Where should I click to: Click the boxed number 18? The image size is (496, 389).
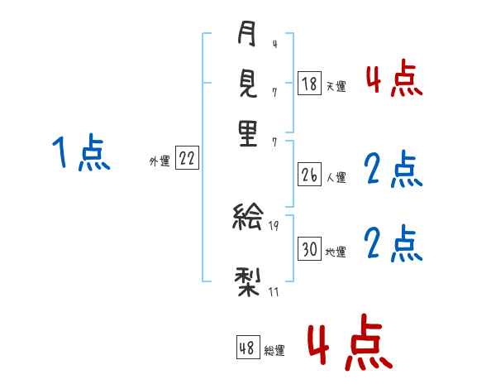tap(309, 84)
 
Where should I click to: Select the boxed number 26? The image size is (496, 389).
tap(309, 175)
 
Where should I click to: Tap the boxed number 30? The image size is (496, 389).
tap(309, 249)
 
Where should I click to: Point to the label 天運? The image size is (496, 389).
tap(336, 85)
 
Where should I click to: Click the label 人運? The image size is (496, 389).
tap(336, 176)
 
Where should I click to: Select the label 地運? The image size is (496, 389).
tap(336, 251)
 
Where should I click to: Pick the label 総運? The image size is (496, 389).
tap(274, 350)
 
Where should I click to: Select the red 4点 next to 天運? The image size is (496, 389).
tap(393, 80)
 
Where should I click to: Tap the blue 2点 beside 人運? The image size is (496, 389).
tap(393, 170)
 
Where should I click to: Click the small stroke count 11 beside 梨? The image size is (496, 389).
tap(273, 291)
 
